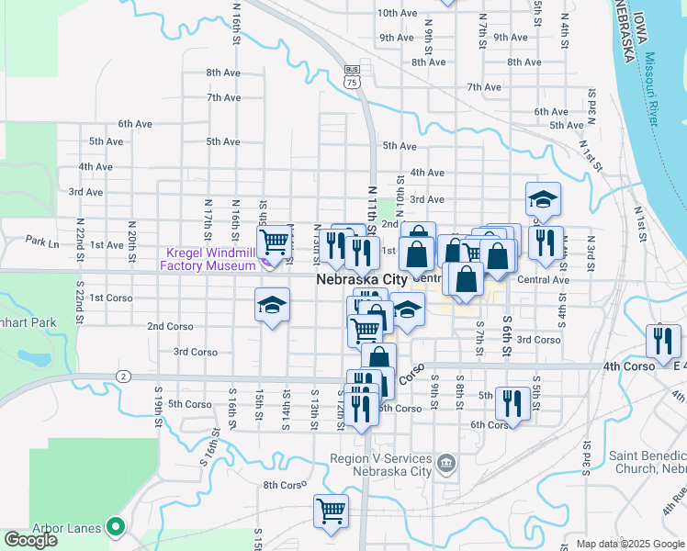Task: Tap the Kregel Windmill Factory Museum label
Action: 208,260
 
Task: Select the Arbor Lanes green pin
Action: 116,527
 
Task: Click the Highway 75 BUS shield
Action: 351,75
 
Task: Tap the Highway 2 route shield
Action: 122,376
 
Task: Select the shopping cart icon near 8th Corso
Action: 331,511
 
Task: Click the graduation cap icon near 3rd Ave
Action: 543,197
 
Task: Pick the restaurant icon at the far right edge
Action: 660,340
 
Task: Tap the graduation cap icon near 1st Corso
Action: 272,304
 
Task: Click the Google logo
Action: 30,540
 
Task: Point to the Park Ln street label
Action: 42,242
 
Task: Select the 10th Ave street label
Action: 398,13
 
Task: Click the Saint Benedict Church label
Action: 647,462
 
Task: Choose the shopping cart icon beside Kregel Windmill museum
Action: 274,242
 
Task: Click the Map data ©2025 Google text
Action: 629,544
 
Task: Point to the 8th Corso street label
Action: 285,485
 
